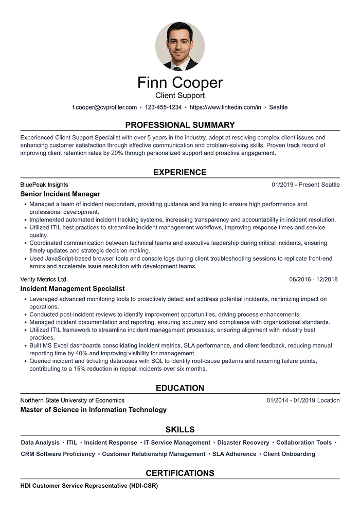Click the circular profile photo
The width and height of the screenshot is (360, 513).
pos(180,46)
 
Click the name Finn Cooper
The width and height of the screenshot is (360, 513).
pos(180,83)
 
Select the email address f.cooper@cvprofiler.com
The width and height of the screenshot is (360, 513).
pos(104,107)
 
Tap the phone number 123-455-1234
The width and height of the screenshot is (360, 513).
pos(163,107)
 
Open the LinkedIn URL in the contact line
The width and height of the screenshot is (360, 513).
pos(225,107)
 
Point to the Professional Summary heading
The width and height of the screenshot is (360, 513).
pos(180,125)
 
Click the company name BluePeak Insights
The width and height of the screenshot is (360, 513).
pos(44,185)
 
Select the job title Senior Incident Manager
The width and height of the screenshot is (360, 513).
pos(60,194)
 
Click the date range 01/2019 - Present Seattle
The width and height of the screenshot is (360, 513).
pos(305,185)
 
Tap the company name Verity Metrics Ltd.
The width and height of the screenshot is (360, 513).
pos(44,279)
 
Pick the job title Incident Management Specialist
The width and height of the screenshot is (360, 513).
pos(73,289)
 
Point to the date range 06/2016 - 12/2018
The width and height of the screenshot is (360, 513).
pos(313,279)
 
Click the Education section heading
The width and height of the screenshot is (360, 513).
pos(180,388)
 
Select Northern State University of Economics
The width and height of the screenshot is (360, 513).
pos(73,400)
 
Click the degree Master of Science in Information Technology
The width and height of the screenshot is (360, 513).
pos(94,410)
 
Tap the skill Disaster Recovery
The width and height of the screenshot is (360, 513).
pos(243,443)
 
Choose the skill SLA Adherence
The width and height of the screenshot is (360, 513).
pos(234,454)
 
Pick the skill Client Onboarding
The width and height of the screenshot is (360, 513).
pos(289,454)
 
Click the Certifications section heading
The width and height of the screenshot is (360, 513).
pos(180,473)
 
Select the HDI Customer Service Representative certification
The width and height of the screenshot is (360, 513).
pos(89,485)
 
